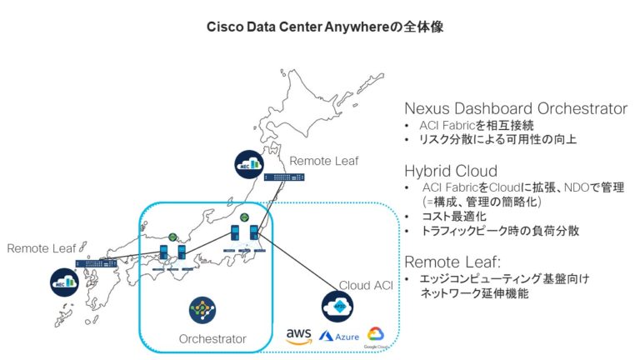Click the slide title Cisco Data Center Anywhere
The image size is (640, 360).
point(319,27)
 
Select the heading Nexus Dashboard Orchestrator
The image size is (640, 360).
point(515,109)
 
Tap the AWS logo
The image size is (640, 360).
point(298,335)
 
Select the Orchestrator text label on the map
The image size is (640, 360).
point(212,338)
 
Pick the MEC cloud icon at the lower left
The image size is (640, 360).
point(63,280)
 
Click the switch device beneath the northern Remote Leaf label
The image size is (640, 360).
point(284,177)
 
